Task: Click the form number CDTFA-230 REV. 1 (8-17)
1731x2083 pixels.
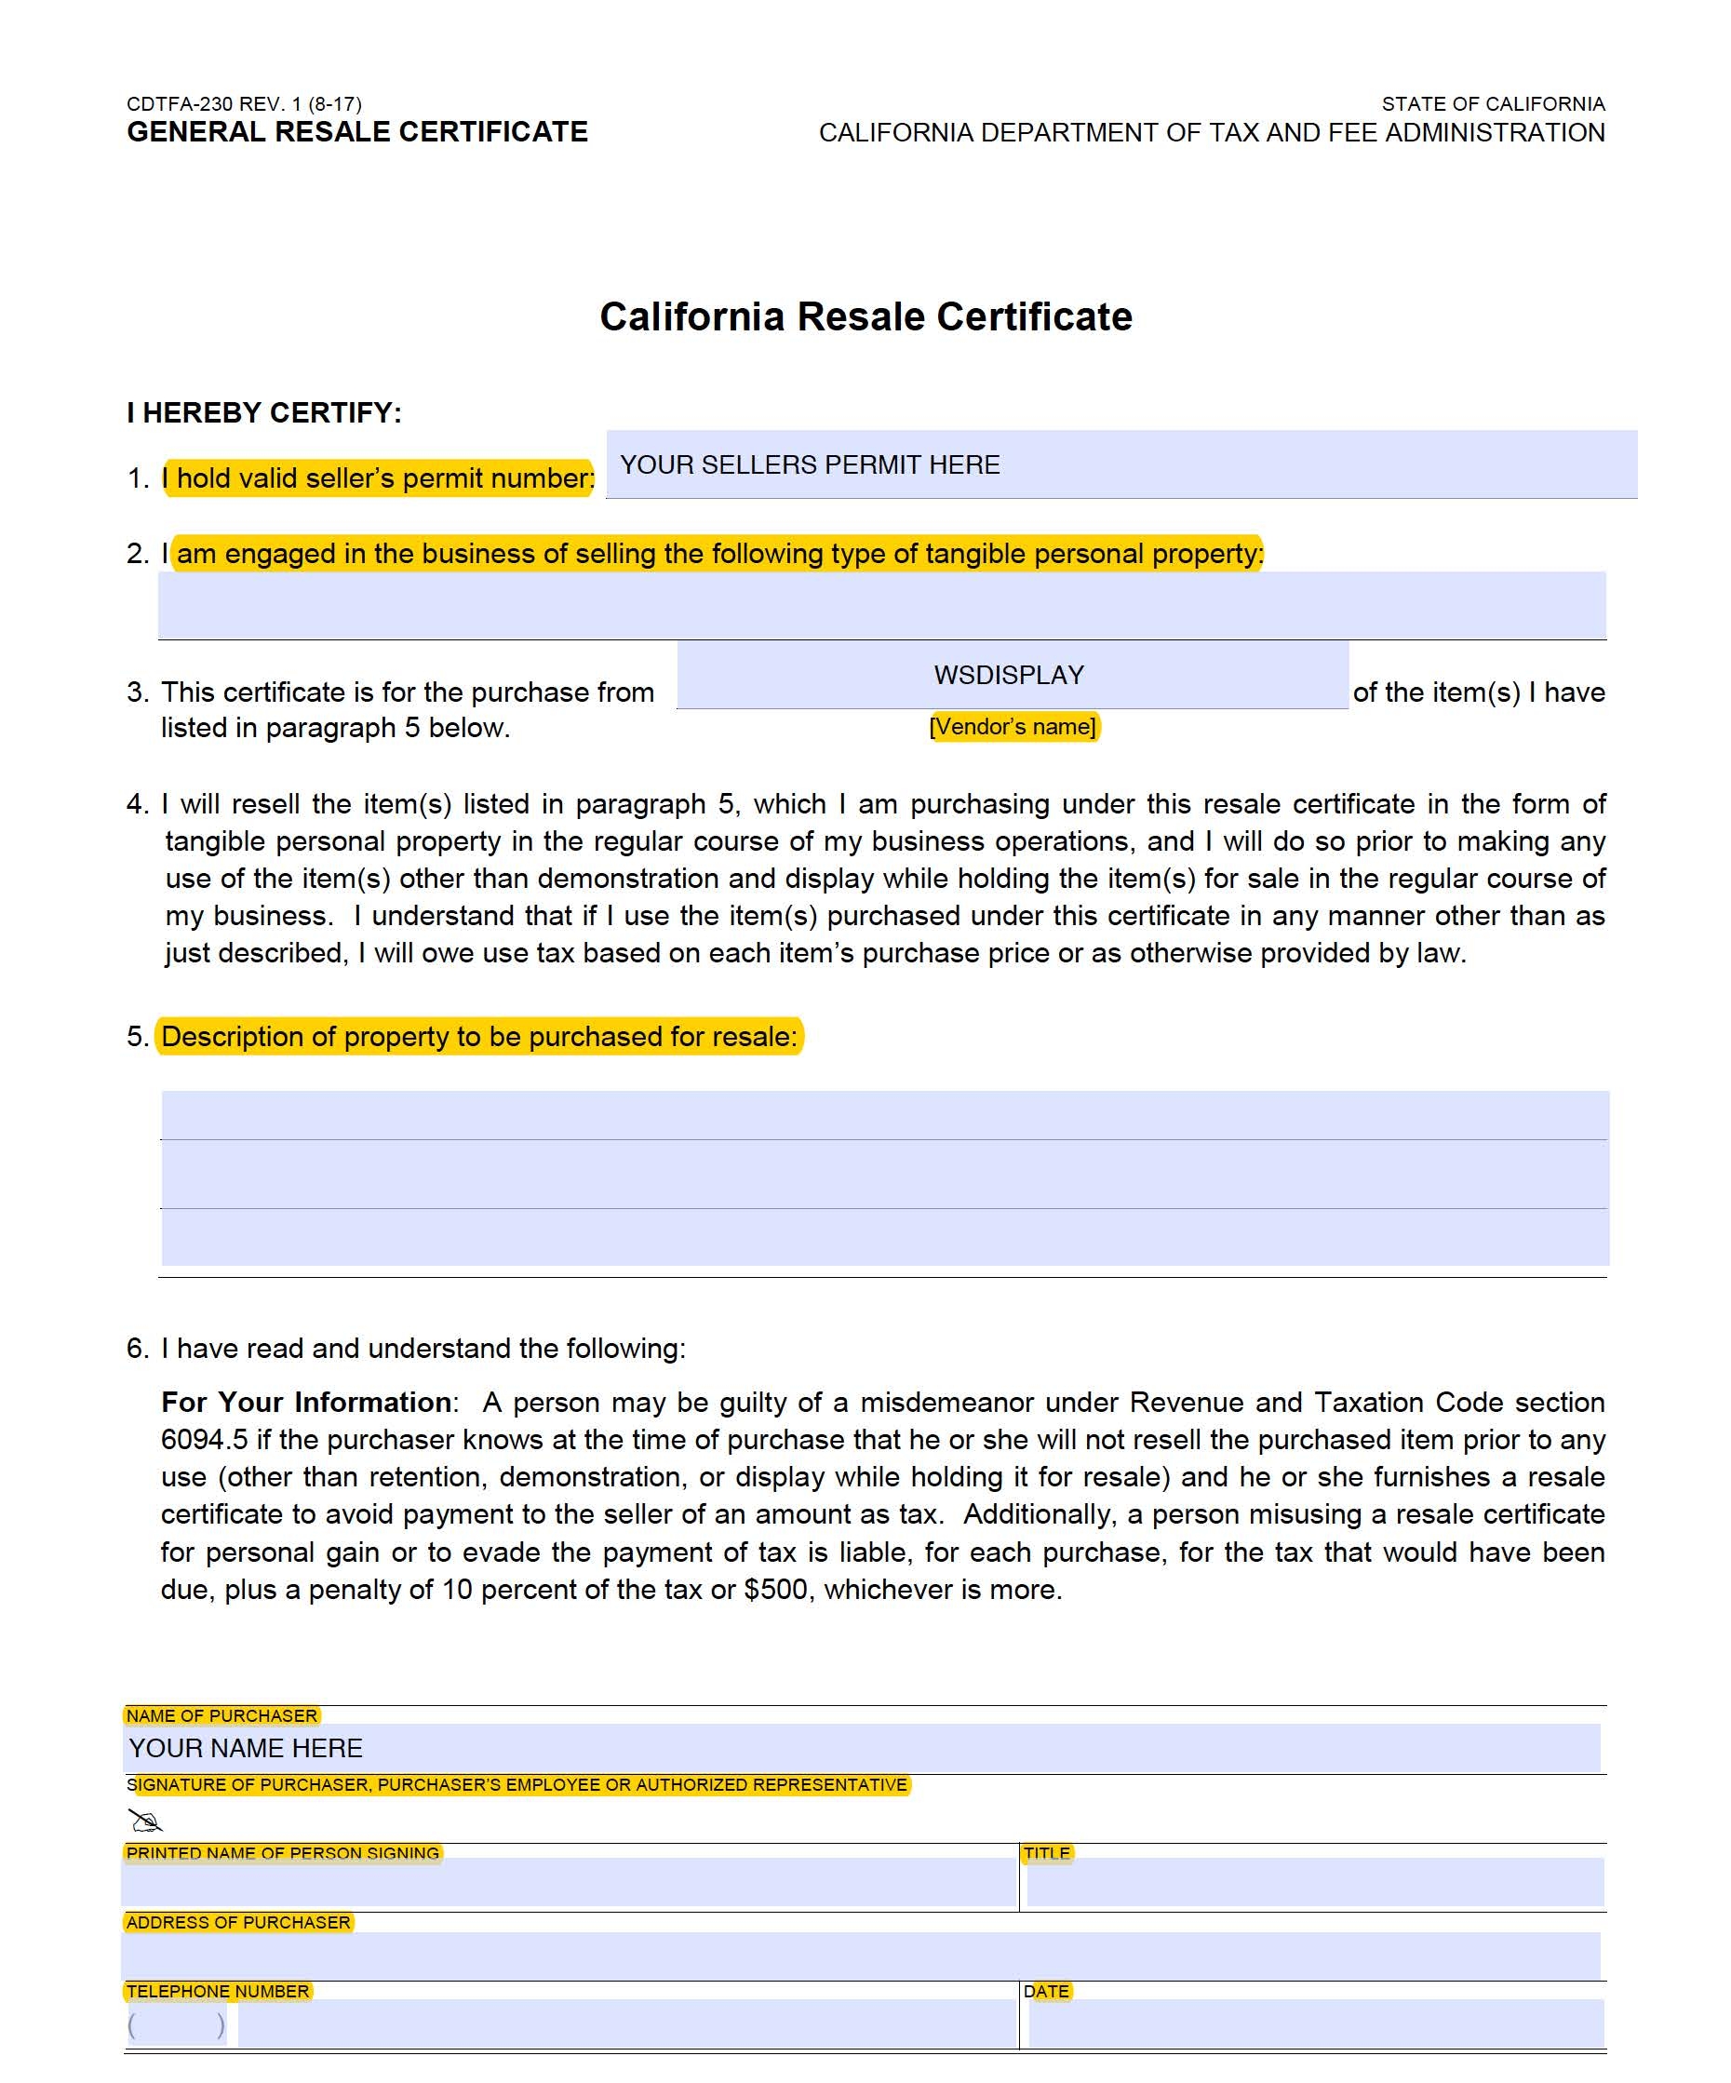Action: (x=244, y=104)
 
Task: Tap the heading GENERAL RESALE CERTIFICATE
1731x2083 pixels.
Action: (x=357, y=132)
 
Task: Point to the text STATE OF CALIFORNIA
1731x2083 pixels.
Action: (x=1492, y=104)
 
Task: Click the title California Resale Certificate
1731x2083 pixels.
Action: (x=865, y=316)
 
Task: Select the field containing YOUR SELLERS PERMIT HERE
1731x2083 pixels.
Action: (x=1120, y=464)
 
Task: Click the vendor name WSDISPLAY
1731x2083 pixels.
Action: (x=1009, y=675)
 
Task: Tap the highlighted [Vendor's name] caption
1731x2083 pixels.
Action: (x=1013, y=726)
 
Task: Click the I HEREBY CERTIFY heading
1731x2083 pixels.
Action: (x=264, y=412)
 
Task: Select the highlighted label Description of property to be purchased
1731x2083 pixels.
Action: (x=479, y=1037)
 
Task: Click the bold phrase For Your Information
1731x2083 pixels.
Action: (x=305, y=1402)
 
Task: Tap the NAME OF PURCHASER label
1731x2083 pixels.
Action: (x=221, y=1715)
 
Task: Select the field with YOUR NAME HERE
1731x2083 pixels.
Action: (x=861, y=1748)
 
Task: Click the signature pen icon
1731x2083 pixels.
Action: (x=145, y=1821)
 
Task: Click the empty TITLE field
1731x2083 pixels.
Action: (x=1314, y=1884)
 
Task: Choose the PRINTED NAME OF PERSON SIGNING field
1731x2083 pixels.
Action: (x=570, y=1884)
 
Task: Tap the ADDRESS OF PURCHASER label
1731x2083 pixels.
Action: (x=238, y=1922)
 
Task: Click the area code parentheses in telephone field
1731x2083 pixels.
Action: (x=177, y=2024)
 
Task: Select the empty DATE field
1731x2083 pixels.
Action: (x=1315, y=2024)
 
